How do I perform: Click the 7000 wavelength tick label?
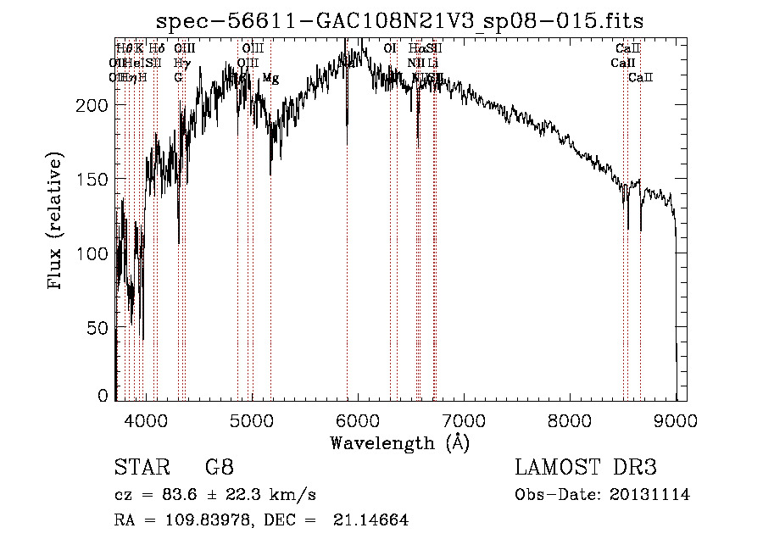coord(464,419)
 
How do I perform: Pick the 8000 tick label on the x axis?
coord(571,419)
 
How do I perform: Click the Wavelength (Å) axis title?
coord(399,442)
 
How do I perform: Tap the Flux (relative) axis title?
coord(56,222)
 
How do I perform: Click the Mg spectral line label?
coord(270,78)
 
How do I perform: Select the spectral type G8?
coord(219,468)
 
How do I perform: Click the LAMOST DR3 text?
coord(585,468)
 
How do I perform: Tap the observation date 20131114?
coord(649,495)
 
